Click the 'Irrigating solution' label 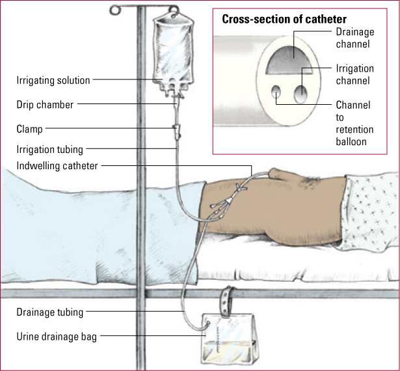(53, 80)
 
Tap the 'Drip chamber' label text (45, 105)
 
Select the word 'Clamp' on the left (29, 129)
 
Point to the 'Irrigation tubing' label (49, 149)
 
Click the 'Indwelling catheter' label (57, 166)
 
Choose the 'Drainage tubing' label (49, 312)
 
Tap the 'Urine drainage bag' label (57, 337)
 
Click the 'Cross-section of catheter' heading (284, 19)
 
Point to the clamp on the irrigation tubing (178, 131)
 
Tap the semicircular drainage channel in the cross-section (289, 61)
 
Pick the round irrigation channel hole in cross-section (300, 94)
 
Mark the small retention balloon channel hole (276, 92)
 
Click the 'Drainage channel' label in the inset (355, 38)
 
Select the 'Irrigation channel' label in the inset (354, 75)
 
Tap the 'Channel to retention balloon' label (354, 123)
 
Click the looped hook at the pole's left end (116, 10)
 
